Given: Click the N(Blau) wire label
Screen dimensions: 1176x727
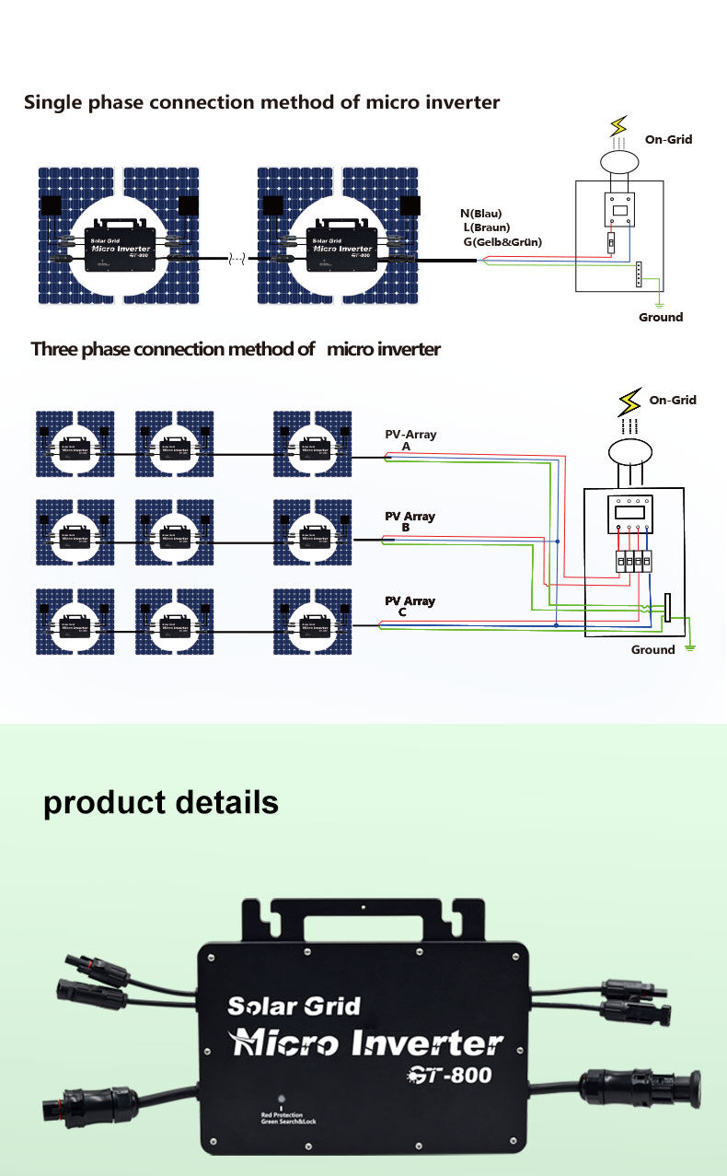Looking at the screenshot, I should [480, 214].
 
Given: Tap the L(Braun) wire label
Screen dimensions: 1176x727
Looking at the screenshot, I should [486, 227].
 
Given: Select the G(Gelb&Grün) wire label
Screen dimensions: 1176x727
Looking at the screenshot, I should [502, 242].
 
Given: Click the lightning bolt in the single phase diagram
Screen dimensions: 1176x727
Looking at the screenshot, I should [619, 126].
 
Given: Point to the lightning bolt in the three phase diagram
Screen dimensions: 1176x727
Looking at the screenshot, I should [630, 402].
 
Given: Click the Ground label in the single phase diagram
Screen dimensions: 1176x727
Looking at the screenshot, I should [661, 318].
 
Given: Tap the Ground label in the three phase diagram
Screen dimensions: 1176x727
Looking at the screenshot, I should [652, 650].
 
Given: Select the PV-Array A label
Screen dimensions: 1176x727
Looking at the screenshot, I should [410, 439].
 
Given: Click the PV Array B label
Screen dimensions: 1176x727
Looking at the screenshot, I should [410, 521].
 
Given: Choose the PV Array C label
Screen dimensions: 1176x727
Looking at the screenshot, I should [410, 606].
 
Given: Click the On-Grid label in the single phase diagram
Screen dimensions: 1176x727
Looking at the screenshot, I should [668, 139].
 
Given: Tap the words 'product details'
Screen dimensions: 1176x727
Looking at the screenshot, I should [161, 802].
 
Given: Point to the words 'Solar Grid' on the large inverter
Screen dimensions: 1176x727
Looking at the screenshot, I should [294, 1006].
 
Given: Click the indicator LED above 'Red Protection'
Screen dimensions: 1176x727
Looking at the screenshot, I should [282, 1100].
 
